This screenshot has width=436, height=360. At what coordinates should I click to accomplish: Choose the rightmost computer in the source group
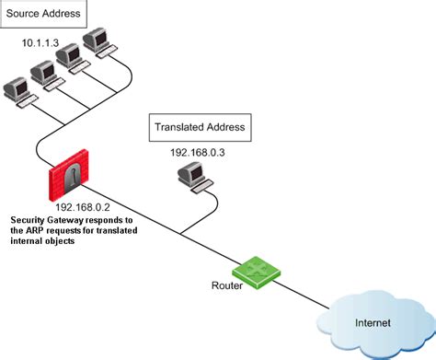[x=96, y=41]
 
